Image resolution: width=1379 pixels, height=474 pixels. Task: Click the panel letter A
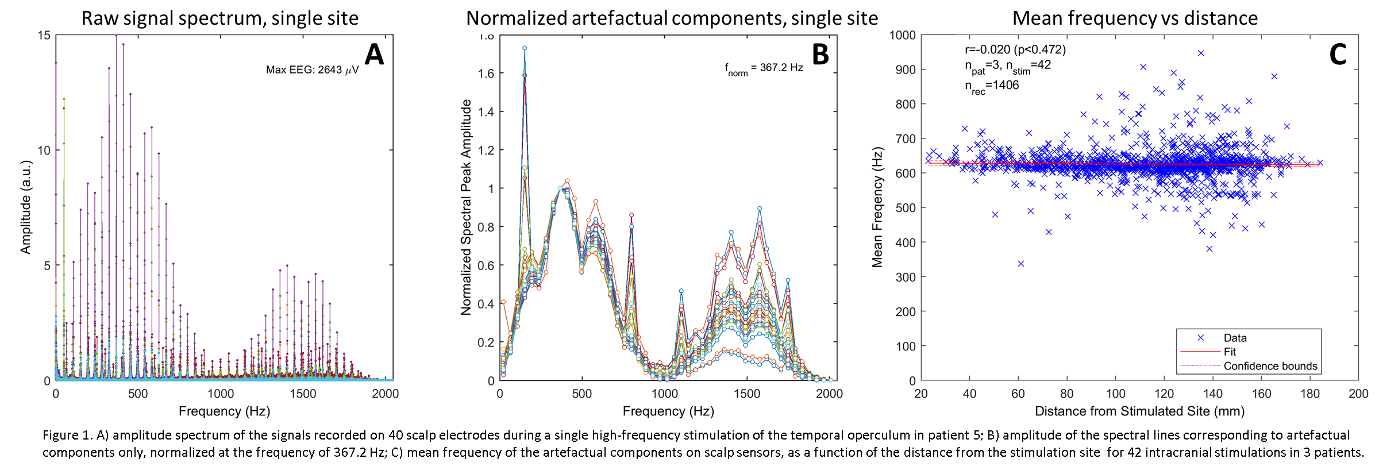click(374, 55)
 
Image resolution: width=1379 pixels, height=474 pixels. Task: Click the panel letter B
click(820, 55)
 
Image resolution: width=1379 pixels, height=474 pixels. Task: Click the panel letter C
click(1338, 55)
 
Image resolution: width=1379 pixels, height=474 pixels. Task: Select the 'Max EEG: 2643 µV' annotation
click(312, 70)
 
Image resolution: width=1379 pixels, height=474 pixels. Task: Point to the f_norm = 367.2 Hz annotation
click(764, 68)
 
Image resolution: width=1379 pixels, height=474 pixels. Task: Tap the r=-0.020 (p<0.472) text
click(1015, 49)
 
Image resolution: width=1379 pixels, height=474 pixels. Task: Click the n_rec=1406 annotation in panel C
click(992, 86)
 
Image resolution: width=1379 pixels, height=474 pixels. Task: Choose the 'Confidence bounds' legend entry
click(1270, 366)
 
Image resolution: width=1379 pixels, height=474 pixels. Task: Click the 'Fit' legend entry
click(1230, 352)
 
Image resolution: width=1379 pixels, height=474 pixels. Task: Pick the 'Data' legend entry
click(1235, 338)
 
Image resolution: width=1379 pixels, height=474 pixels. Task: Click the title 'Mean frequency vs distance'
click(1135, 18)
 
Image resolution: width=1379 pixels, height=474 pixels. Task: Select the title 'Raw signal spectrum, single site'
click(220, 18)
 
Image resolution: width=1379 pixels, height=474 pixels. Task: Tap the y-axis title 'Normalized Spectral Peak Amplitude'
click(466, 207)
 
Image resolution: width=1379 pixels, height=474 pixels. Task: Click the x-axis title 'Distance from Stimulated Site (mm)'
click(1139, 411)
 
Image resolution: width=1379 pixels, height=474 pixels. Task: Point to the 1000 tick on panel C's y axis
click(902, 36)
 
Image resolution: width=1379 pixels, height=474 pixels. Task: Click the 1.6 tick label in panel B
click(486, 74)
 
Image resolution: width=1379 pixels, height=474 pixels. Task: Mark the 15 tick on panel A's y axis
click(44, 36)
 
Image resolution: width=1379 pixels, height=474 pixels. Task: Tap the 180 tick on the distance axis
click(1310, 394)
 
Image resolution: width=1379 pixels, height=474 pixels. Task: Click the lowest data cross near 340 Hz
click(1020, 264)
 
